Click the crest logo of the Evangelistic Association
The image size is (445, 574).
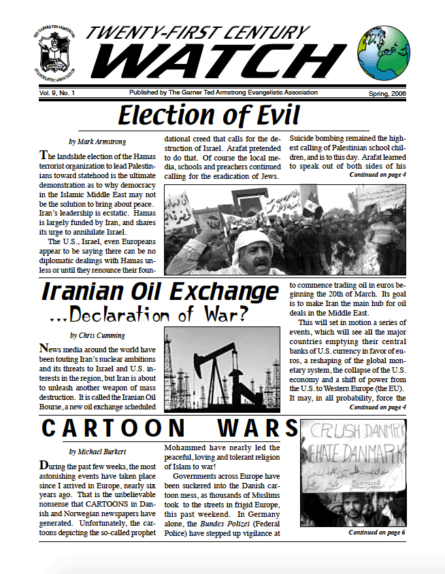55,54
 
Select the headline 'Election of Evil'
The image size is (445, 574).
209,116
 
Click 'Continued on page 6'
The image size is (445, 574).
377,532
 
